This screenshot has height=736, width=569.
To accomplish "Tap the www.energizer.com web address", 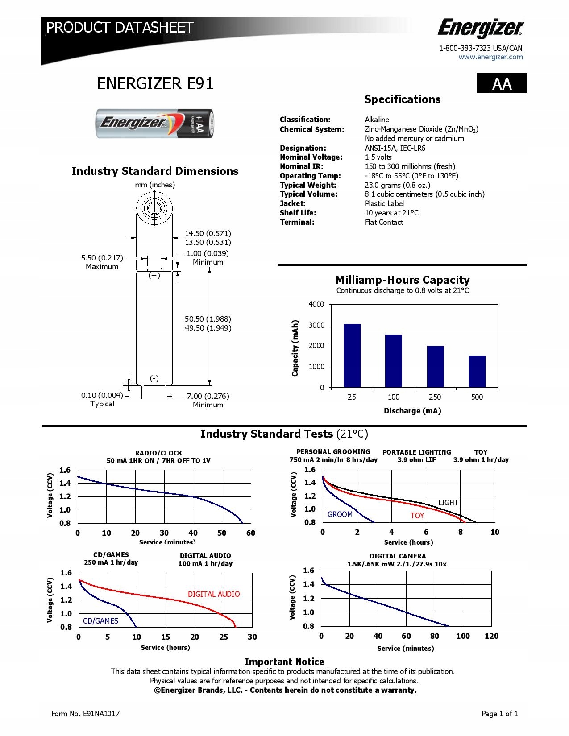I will pos(490,57).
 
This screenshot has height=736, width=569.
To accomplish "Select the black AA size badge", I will pos(502,83).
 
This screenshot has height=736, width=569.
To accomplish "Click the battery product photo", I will pos(155,123).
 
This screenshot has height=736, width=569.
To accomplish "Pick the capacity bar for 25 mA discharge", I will pos(352,356).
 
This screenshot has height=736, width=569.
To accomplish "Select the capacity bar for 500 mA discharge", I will pos(477,371).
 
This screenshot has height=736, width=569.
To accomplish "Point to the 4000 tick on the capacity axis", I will pos(316,304).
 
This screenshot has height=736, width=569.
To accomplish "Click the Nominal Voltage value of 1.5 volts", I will pos(378,157).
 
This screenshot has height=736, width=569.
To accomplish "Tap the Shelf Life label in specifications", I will pos(298,213).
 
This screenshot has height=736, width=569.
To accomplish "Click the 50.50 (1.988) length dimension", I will pos(208,319).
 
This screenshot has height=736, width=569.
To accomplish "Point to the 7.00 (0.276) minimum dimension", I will pos(208,396).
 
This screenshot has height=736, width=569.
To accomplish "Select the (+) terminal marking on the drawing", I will pos(154,276).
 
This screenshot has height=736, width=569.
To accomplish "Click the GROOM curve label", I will pos(340,514).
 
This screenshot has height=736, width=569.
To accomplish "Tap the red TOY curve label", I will pos(417,516).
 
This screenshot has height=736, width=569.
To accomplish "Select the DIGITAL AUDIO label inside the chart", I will pos(213,594).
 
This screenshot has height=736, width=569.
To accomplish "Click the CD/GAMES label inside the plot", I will pos(100,621).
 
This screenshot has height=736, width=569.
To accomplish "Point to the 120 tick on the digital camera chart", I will pos(491,636).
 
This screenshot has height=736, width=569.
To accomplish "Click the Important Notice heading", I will pos(284,662).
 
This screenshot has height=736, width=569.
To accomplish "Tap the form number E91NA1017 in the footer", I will pos(85,714).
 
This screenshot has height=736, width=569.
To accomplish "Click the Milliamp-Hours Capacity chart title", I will pos(402,280).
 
